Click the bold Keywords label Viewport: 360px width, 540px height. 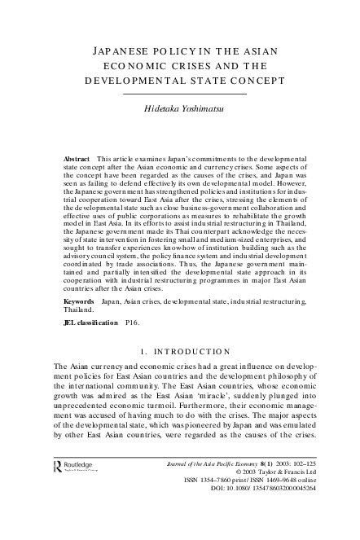[80, 301]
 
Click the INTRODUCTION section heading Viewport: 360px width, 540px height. [186, 353]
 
